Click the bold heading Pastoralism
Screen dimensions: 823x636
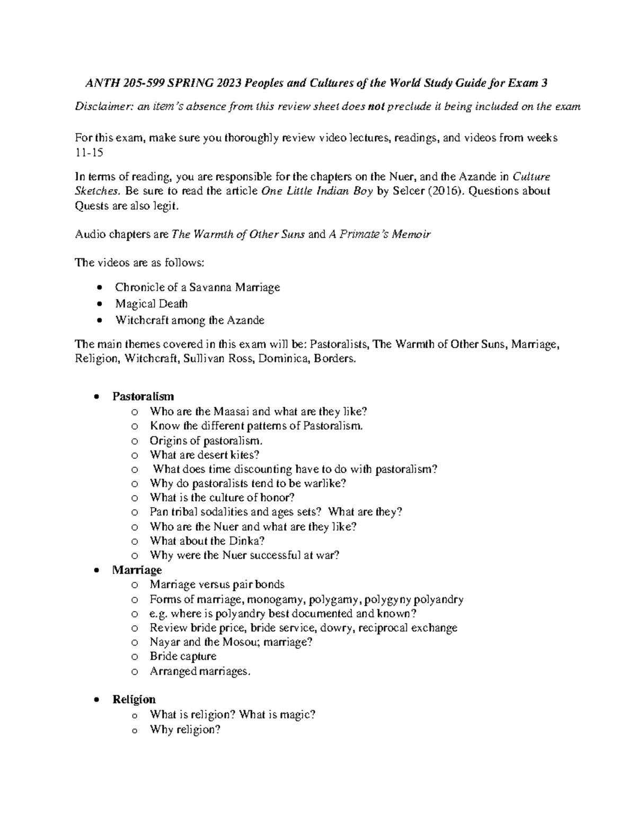pos(143,396)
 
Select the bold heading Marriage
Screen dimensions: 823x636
pos(137,570)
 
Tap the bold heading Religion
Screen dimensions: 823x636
pos(134,700)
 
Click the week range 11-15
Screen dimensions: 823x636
pos(90,152)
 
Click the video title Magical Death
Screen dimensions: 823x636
pos(151,304)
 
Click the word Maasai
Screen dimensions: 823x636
pos(233,411)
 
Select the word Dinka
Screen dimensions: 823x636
pos(247,541)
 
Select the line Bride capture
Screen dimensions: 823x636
pos(183,657)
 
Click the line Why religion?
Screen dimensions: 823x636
pos(184,729)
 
